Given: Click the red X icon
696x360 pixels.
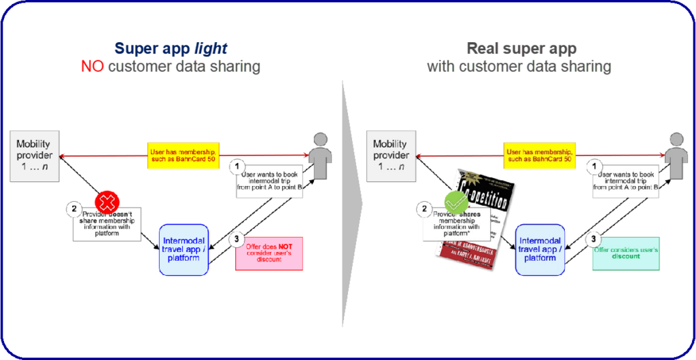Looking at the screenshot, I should [x=107, y=201].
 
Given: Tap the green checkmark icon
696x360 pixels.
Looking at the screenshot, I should [x=455, y=202].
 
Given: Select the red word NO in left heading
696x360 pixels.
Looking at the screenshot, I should [x=92, y=66].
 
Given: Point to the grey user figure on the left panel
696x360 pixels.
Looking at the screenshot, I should [x=321, y=157].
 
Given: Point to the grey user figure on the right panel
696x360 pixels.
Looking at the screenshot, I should [x=676, y=157].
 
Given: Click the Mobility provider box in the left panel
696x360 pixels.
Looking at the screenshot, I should [x=34, y=156].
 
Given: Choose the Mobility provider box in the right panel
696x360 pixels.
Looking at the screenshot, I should [x=390, y=156].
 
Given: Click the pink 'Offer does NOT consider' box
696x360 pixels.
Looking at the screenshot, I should [x=269, y=253].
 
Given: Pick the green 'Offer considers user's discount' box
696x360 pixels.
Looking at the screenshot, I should [x=625, y=253].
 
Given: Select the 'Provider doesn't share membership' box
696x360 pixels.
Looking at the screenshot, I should [x=107, y=223].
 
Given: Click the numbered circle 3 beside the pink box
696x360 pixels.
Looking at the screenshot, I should [x=236, y=239].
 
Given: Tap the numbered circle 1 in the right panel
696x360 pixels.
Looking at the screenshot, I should [x=593, y=165].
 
